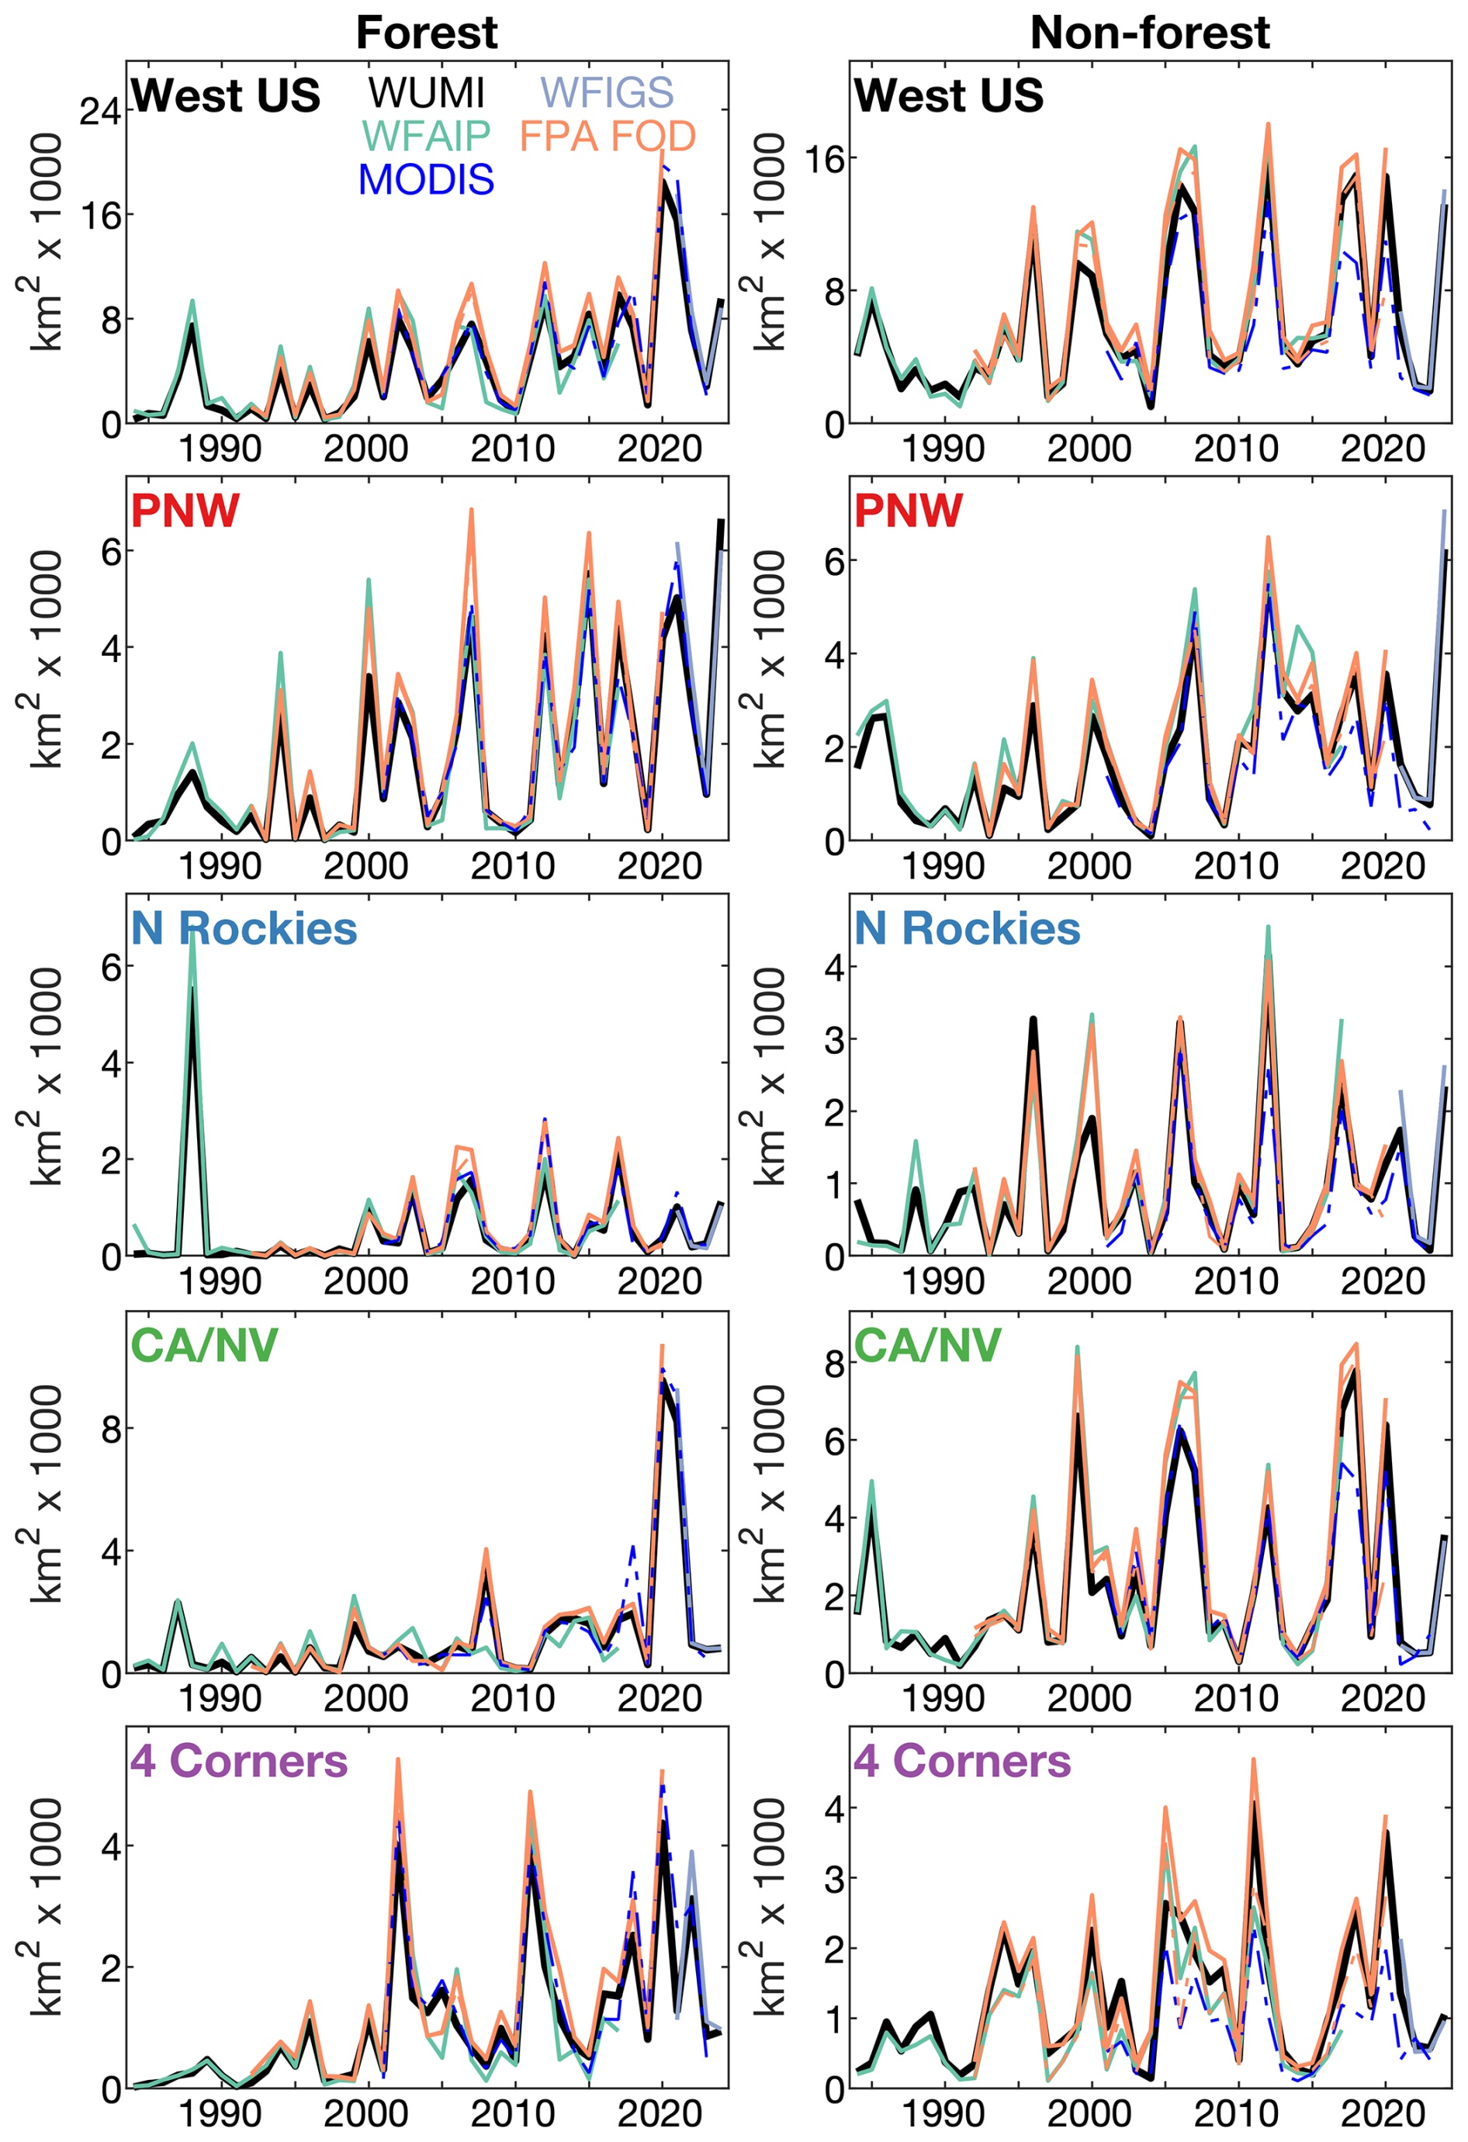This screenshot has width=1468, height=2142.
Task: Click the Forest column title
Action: tap(426, 33)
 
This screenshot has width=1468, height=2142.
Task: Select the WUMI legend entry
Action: tap(426, 92)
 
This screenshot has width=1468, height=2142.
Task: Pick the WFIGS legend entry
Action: tap(607, 92)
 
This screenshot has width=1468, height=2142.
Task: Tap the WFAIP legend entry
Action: tap(426, 136)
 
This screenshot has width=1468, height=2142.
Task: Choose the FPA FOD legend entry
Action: tap(608, 136)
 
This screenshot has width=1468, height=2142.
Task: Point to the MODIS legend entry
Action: tap(426, 178)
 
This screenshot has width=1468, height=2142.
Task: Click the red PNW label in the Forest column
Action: tap(185, 510)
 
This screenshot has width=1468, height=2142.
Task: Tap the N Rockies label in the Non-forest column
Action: tap(967, 928)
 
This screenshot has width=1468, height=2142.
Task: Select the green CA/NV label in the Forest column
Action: tap(205, 1345)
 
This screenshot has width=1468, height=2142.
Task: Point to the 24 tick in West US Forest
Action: tap(99, 112)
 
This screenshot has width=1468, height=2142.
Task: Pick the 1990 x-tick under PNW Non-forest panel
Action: tap(943, 865)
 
